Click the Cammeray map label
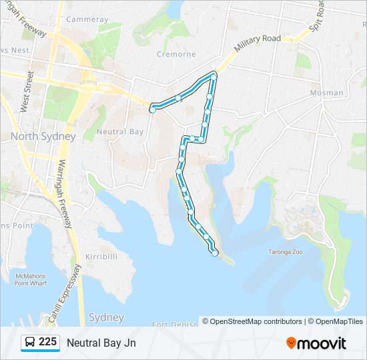[87, 19]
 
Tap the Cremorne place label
[175, 53]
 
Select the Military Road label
[258, 44]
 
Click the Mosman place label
[327, 93]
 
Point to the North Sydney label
[43, 136]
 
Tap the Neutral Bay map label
[120, 131]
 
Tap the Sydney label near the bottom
[106, 317]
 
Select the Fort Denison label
[175, 324]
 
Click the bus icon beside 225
[29, 343]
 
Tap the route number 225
[47, 342]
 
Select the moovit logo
[316, 343]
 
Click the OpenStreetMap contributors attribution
[256, 321]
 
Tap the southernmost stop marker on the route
[215, 253]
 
